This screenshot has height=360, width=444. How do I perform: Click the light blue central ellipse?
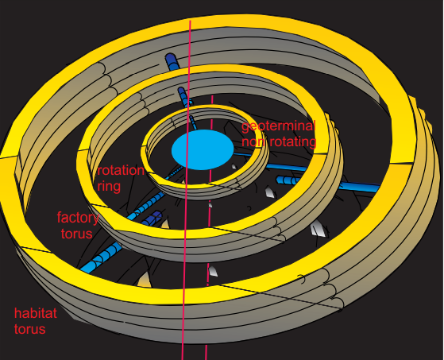203,149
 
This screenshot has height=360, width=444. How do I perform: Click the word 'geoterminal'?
278,126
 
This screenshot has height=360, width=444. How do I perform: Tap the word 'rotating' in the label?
292,141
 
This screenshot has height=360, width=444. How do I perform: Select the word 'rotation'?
121,171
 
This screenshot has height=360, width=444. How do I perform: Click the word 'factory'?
78,218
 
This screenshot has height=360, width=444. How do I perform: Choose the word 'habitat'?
36,313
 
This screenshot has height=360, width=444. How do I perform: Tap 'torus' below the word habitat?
30,329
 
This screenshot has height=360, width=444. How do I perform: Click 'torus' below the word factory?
77,234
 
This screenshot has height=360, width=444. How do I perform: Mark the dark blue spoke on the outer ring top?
172,62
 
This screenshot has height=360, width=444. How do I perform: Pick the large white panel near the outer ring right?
319,228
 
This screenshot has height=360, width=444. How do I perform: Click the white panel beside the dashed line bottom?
213,271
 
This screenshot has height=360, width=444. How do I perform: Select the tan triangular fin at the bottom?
145,280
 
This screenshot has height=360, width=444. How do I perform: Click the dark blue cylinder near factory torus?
153,218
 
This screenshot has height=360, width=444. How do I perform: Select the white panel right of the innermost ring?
269,192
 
